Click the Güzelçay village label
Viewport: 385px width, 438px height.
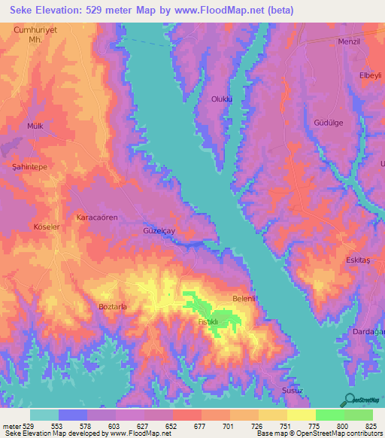click(x=159, y=232)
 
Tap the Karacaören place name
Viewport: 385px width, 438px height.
click(x=97, y=217)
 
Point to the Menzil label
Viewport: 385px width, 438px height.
click(x=350, y=41)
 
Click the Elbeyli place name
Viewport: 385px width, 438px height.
click(x=371, y=76)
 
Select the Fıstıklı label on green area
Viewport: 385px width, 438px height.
click(x=207, y=322)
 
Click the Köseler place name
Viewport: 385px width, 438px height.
click(x=46, y=227)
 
